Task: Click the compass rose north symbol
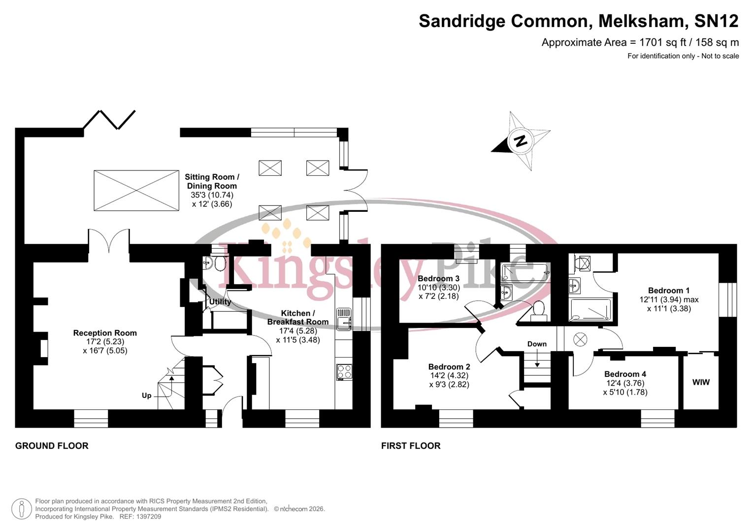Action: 521,141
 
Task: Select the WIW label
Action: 701,382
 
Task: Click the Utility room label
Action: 220,301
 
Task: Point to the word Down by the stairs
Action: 537,344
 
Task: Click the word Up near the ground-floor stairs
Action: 146,396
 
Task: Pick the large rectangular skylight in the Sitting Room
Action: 136,191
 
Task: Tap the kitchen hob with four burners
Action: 344,371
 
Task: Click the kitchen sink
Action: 344,319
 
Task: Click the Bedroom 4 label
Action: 625,374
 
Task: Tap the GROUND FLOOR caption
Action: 52,446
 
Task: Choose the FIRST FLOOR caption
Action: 411,446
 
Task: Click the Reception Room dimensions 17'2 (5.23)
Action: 105,342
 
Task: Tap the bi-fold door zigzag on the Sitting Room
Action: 109,119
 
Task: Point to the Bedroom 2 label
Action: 449,367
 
